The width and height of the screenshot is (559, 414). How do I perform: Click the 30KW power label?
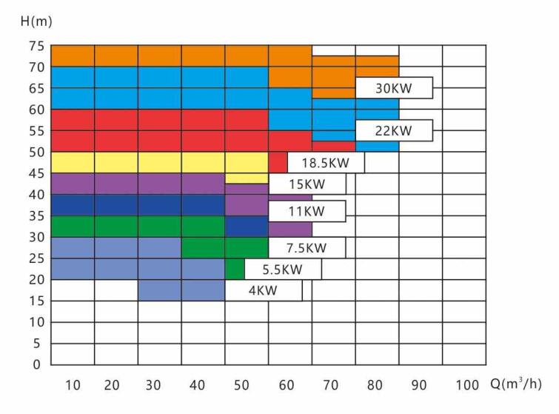pos(393,88)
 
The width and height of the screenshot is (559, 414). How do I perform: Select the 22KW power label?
pos(393,131)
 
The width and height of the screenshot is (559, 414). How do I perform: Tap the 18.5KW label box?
pos(326,163)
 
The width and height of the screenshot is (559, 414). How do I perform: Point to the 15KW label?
pos(307,184)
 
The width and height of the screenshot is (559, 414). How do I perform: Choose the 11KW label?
pos(307,212)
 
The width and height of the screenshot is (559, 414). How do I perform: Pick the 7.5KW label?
pos(307,247)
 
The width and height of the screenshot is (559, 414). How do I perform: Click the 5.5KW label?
pos(283,269)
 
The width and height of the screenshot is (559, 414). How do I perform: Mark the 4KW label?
pos(263,290)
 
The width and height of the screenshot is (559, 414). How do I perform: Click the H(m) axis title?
pos(36,21)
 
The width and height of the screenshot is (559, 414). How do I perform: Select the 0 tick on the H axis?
pos(35,365)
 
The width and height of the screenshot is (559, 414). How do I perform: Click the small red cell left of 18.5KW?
pos(278,163)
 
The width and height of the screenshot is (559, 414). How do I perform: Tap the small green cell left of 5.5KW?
pos(235,269)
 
